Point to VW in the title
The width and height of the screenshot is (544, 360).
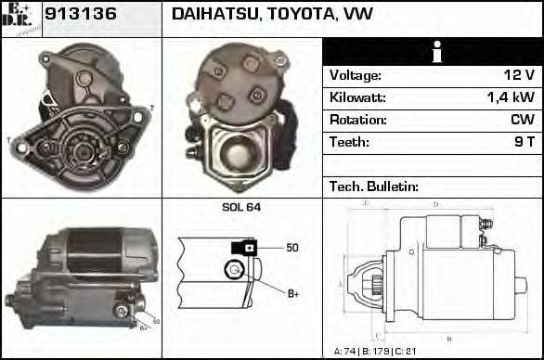pos(359,16)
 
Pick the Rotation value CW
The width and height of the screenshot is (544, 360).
pos(522,121)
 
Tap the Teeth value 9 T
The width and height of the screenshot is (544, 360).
pos(524,143)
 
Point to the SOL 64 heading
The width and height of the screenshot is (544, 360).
pos(242,208)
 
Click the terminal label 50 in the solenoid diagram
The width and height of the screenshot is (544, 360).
pos(292,248)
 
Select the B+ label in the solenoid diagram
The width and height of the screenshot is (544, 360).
pos(292,294)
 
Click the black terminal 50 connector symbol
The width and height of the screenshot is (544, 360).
pos(244,248)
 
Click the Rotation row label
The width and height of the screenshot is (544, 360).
pos(353,121)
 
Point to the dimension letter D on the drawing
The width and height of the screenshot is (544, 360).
pos(435,205)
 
